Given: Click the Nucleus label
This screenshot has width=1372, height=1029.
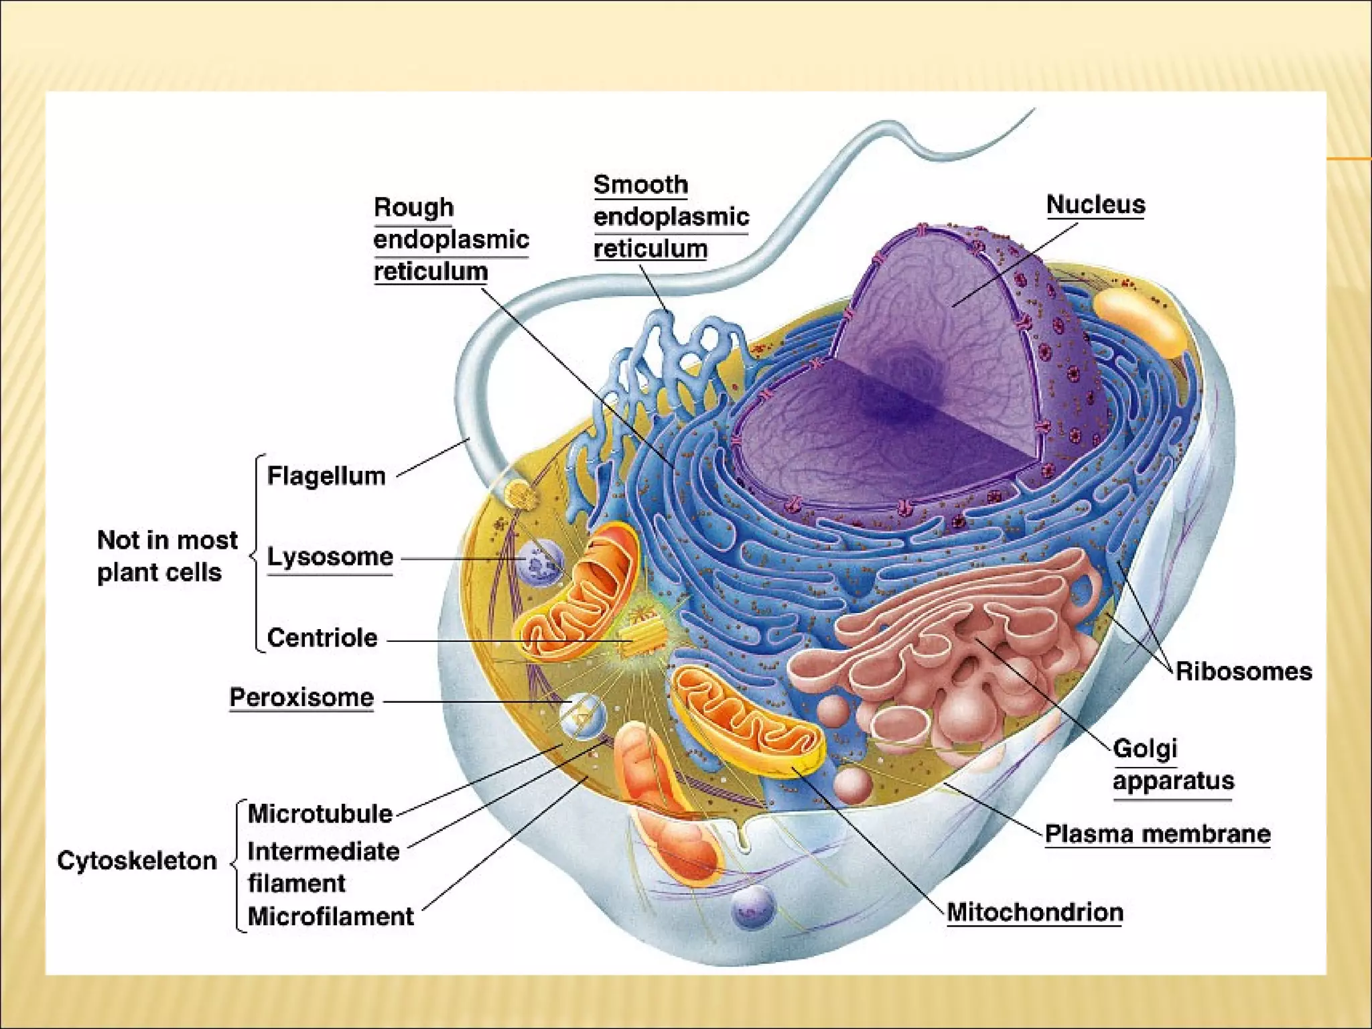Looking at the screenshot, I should point(1095,204).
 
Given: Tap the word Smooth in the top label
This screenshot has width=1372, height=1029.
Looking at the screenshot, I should point(640,184).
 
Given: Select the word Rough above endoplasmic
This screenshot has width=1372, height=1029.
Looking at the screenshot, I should point(413,207).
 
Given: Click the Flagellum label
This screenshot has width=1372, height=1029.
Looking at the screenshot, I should point(326,476).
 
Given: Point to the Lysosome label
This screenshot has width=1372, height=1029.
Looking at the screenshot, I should point(330,557).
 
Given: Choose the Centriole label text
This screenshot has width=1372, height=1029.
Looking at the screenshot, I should point(322,638).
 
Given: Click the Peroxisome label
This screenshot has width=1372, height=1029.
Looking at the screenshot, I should point(301,697).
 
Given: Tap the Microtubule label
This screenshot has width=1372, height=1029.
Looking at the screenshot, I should point(320,813).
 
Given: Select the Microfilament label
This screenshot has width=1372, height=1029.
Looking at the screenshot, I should point(331,916).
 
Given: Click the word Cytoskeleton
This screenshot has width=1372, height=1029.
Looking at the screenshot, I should point(137,860).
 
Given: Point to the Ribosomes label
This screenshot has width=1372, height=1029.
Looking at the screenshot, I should point(1243,671).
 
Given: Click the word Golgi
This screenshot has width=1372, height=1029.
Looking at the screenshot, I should point(1145,748).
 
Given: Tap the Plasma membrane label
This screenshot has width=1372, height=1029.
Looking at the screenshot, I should point(1158,834).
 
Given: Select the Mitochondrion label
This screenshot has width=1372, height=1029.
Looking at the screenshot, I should point(1035,912).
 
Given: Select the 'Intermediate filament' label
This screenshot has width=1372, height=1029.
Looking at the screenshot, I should point(323,867).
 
